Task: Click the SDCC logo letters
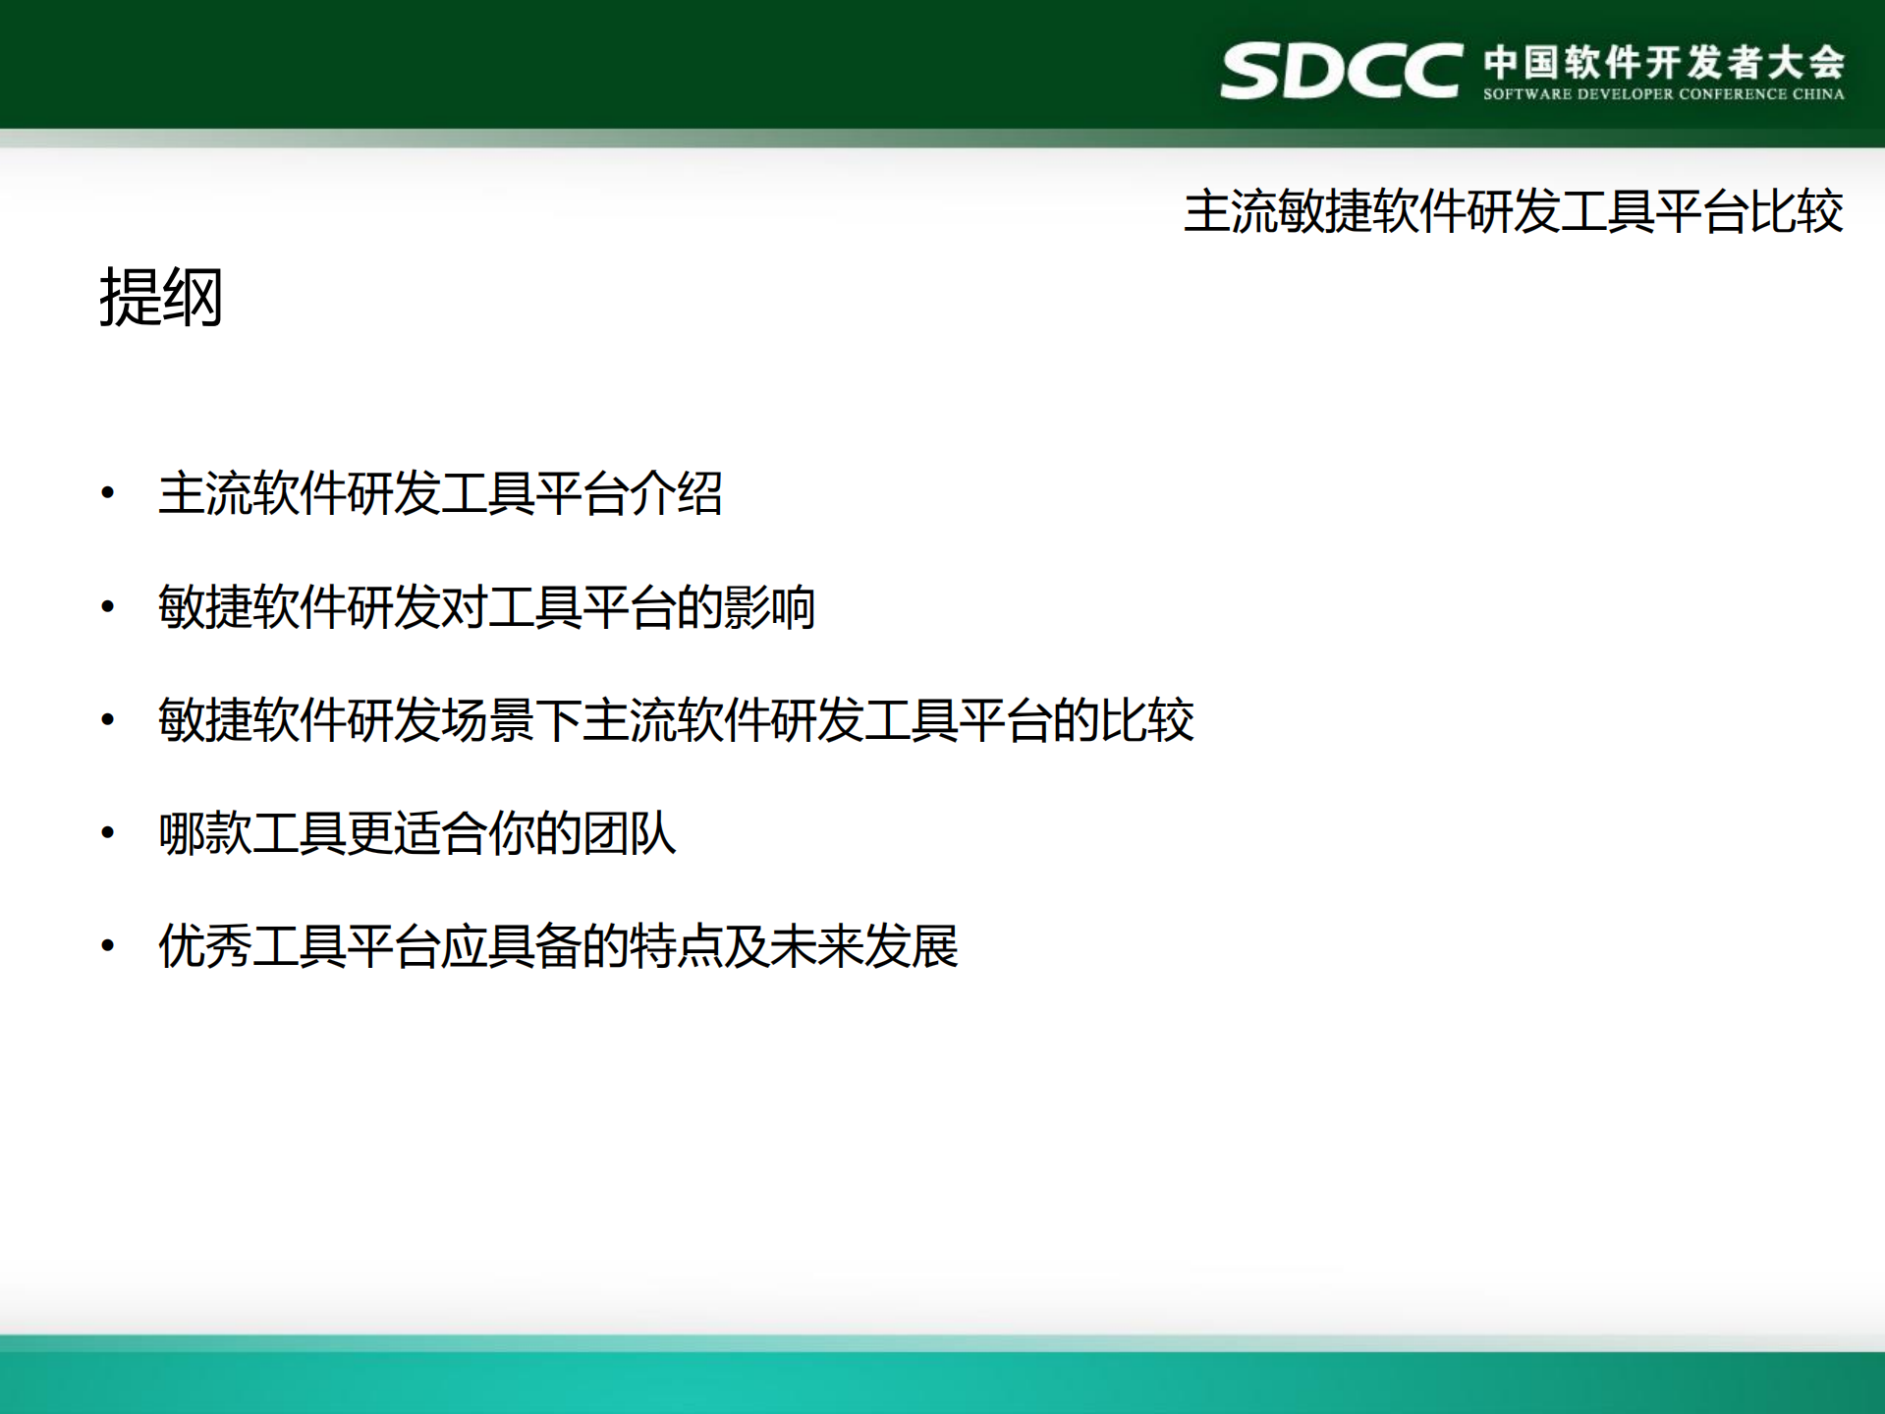(x=1340, y=71)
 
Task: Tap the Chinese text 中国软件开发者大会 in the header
(x=1664, y=62)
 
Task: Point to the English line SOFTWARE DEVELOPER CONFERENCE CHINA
(x=1663, y=94)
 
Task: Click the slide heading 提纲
(x=161, y=297)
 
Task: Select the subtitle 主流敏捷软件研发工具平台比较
(x=1513, y=211)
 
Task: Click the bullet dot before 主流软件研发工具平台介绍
(x=108, y=493)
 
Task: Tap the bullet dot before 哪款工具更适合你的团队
(x=108, y=833)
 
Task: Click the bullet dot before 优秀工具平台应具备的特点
(x=108, y=946)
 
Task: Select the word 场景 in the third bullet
(x=488, y=720)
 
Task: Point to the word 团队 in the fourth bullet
(x=629, y=833)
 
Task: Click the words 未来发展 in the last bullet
(x=864, y=946)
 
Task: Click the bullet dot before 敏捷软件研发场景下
(x=108, y=720)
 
